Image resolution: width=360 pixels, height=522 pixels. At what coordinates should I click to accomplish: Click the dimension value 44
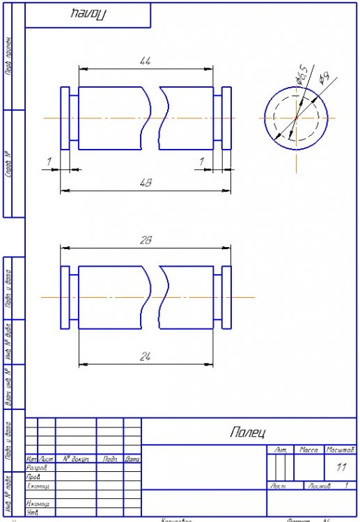(x=146, y=62)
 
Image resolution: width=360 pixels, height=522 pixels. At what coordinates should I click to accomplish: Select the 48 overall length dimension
(x=146, y=183)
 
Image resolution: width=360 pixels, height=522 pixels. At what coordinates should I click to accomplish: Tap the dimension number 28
(x=146, y=240)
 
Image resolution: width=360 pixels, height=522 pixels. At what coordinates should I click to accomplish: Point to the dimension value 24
(x=146, y=356)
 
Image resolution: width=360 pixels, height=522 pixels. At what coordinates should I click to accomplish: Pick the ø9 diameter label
(x=323, y=79)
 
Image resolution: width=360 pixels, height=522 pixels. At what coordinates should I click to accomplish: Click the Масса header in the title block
(x=308, y=451)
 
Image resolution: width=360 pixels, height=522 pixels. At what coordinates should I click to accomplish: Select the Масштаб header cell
(x=340, y=451)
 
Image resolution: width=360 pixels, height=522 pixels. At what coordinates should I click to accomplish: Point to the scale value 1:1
(x=341, y=468)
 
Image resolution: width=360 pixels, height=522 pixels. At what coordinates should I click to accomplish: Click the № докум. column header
(x=75, y=459)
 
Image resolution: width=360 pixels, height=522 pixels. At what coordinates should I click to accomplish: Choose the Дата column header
(x=132, y=459)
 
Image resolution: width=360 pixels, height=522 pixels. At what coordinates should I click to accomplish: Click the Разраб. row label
(x=36, y=468)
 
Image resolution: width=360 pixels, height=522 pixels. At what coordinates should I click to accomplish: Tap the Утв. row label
(x=31, y=513)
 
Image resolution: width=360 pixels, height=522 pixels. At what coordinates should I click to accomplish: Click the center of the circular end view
(x=296, y=118)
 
